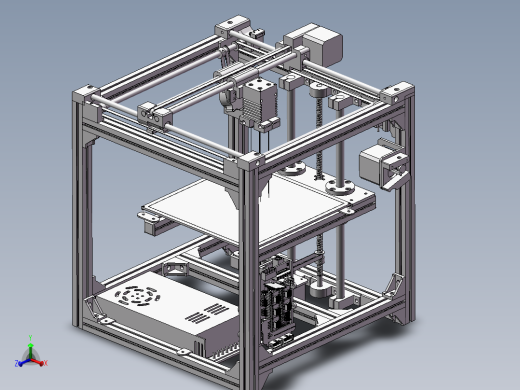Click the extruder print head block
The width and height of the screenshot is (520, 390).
(x=257, y=102)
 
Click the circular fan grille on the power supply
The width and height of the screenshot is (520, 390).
(x=137, y=297)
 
